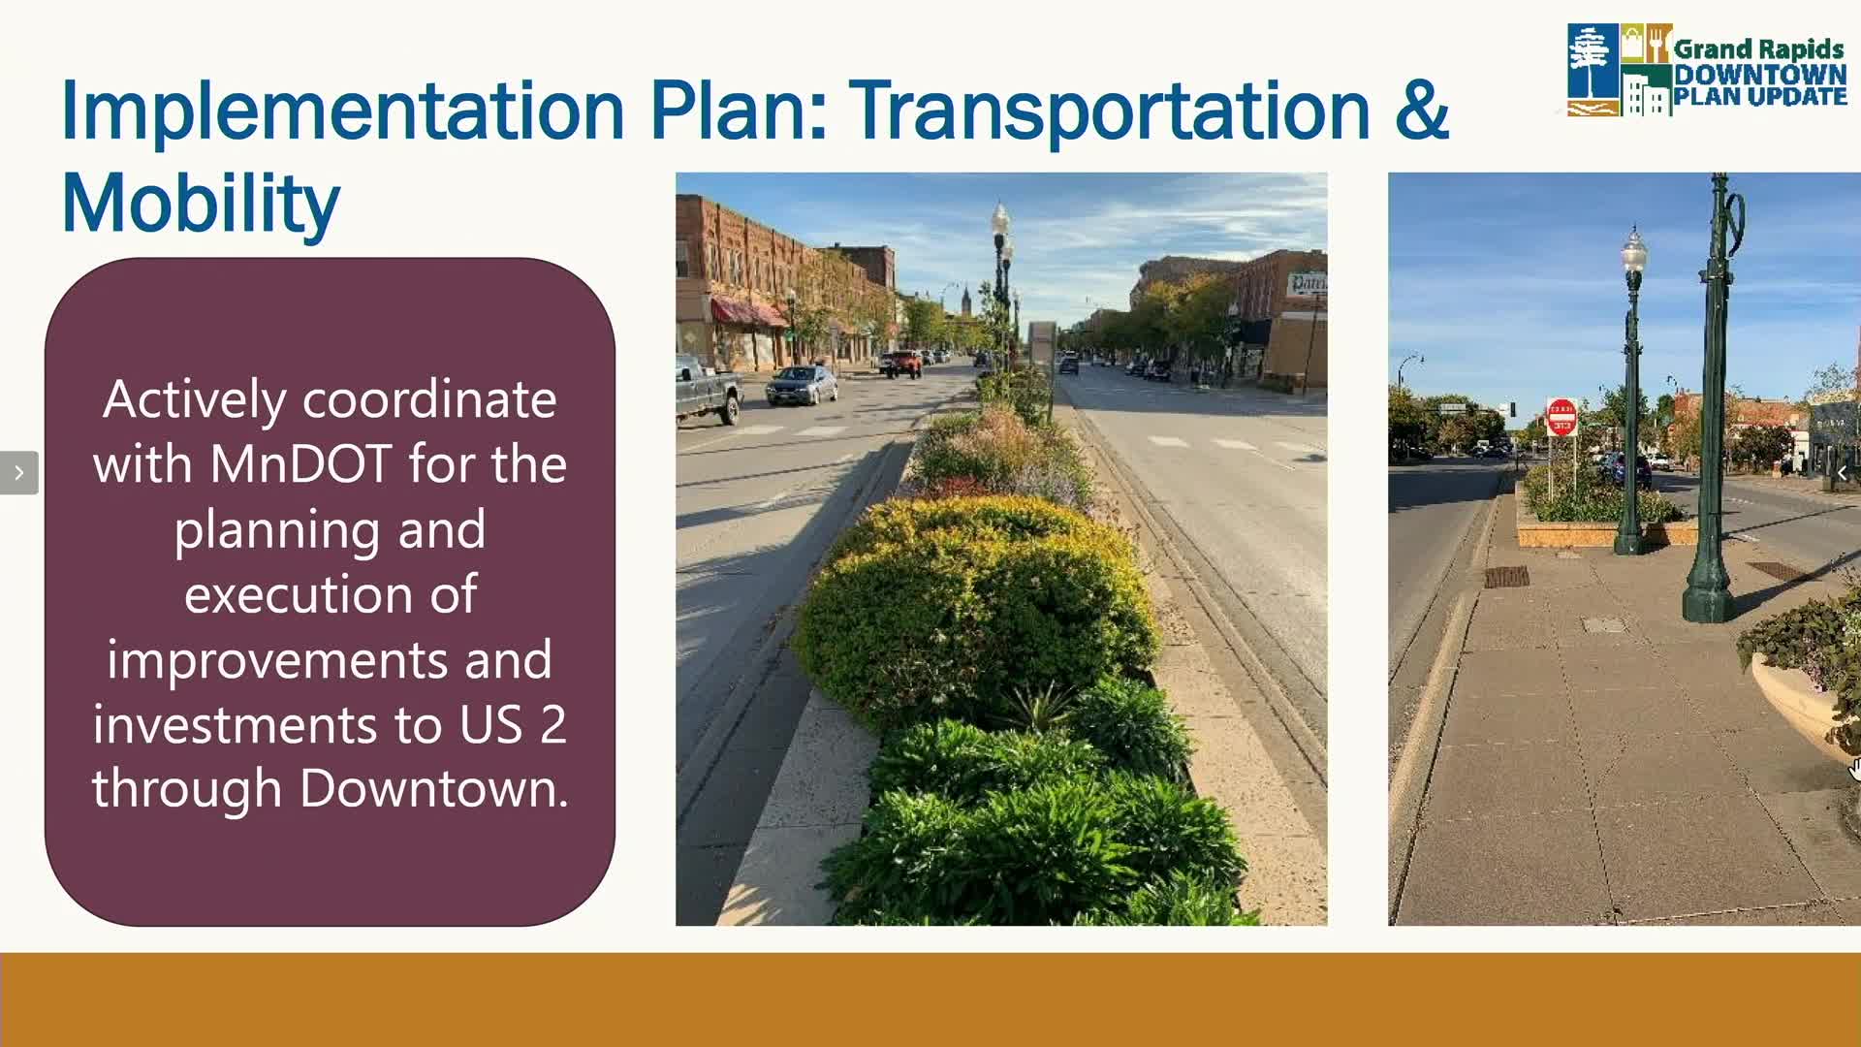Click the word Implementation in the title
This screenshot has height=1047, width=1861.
point(343,111)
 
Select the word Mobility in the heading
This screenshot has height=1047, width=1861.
point(201,205)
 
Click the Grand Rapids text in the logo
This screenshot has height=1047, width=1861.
point(1758,48)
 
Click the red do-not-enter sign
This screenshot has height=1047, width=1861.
point(1561,418)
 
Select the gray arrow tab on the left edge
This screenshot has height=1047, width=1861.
point(18,473)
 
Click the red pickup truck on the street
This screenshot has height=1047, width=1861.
point(903,364)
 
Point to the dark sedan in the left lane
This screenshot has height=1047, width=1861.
point(802,385)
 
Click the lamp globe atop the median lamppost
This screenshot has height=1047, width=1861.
point(999,219)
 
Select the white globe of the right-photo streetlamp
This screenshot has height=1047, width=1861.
point(1634,253)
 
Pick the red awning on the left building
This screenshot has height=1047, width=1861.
point(749,312)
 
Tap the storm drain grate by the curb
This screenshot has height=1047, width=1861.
point(1506,578)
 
